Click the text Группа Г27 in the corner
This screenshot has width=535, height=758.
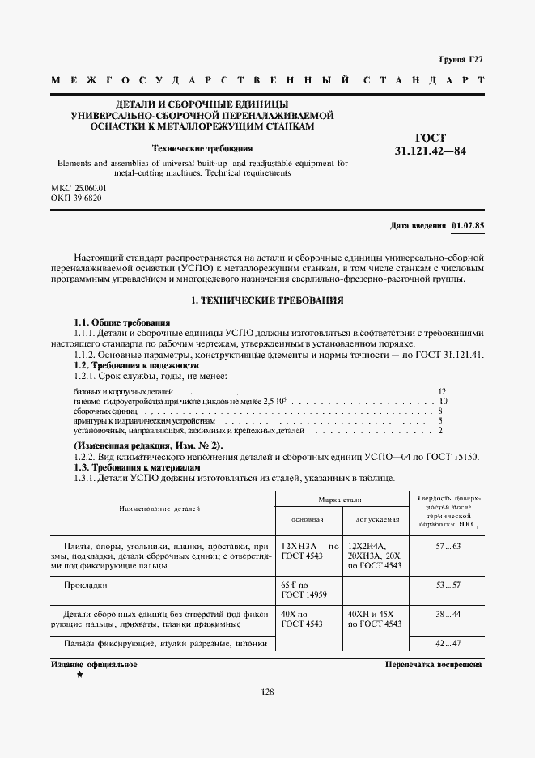pyautogui.click(x=461, y=61)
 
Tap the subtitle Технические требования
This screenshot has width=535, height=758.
pyautogui.click(x=203, y=148)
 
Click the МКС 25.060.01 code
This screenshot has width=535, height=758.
pyautogui.click(x=79, y=188)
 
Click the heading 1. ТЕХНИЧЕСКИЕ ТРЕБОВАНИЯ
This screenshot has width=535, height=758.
pyautogui.click(x=267, y=300)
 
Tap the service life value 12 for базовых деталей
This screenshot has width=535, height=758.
pyautogui.click(x=442, y=391)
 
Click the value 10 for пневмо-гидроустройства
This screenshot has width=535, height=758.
pyautogui.click(x=443, y=401)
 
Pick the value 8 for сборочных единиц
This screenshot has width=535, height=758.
pyautogui.click(x=440, y=411)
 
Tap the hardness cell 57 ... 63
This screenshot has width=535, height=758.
pyautogui.click(x=447, y=548)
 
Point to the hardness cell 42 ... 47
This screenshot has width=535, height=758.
pyautogui.click(x=447, y=644)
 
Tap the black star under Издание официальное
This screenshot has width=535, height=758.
pyautogui.click(x=79, y=675)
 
